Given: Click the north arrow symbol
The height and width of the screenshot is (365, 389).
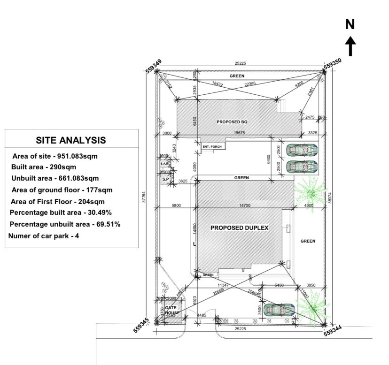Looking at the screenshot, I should point(350,42).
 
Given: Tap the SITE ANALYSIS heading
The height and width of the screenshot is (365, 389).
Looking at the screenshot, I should point(71,140).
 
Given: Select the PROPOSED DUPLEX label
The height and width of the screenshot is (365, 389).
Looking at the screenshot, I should point(239,228).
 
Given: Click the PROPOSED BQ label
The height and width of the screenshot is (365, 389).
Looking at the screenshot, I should point(232,122).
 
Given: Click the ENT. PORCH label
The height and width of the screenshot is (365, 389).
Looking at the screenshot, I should point(212,147).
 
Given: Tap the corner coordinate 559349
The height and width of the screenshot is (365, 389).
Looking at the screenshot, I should point(154,66).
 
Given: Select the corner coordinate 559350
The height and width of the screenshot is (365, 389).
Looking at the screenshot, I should point(333,63).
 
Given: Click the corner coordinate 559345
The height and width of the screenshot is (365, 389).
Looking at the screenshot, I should point(141,325).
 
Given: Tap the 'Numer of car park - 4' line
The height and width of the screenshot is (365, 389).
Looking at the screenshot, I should point(44,236).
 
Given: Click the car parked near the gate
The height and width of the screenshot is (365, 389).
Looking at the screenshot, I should point(279,310).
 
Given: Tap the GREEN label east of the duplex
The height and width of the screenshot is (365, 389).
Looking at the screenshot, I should point(308,241).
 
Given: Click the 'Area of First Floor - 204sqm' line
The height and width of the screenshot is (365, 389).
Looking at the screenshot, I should point(58,202).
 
